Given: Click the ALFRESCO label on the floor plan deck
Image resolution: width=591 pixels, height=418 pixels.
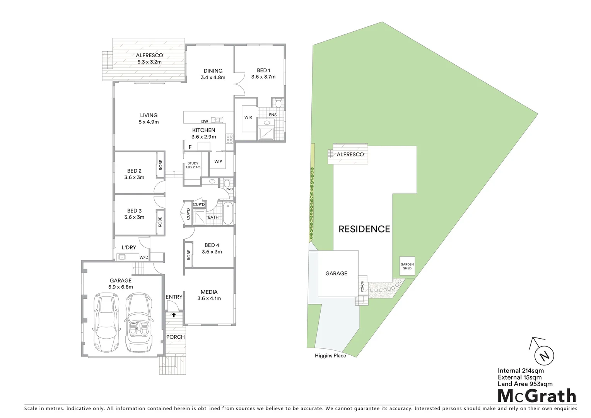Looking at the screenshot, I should [149, 56].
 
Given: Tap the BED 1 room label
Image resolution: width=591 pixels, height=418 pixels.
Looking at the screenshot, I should [263, 70].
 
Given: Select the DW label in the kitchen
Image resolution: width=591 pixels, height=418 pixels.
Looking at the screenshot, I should [205, 122].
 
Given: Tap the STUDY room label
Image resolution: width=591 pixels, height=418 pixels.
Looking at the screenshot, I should [193, 163].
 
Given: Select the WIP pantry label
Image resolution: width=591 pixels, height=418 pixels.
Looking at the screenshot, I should [218, 161].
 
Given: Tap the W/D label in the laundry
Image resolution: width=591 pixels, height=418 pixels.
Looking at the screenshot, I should [144, 257].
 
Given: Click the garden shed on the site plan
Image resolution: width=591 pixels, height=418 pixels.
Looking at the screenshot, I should [407, 266].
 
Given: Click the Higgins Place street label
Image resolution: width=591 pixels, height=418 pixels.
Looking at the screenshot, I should [330, 356].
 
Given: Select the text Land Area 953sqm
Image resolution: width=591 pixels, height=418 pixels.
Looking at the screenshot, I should [525, 384].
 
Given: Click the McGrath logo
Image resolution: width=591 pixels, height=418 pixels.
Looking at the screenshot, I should [536, 396].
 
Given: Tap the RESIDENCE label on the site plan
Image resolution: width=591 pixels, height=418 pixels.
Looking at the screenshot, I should [364, 229].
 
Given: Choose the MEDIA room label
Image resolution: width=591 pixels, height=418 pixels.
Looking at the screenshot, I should [209, 292].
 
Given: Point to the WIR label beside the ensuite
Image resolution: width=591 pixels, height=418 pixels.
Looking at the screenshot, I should [248, 117].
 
